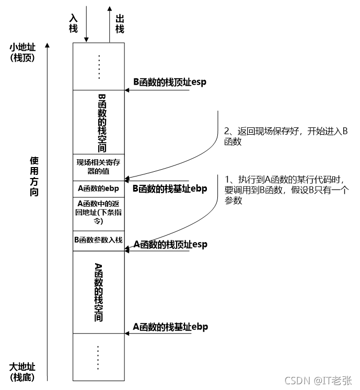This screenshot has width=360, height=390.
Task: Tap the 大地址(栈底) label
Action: click(22, 371)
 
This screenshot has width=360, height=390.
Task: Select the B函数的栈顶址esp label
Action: click(168, 82)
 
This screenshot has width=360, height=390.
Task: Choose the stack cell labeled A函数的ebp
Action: click(99, 188)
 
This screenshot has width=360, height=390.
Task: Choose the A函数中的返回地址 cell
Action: click(99, 212)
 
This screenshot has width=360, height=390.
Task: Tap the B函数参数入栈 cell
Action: click(99, 240)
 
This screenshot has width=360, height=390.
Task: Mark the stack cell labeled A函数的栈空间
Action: click(99, 292)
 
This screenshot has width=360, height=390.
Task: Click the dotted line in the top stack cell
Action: click(99, 67)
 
